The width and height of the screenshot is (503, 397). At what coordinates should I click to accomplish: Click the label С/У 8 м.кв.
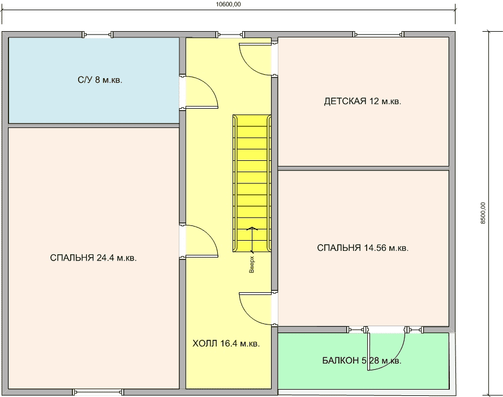[100, 80]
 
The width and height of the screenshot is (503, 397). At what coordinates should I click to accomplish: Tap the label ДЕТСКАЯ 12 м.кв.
[363, 101]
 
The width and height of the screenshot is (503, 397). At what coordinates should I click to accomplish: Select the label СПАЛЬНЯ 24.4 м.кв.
[93, 258]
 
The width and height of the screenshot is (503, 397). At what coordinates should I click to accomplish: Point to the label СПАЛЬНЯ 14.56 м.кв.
[363, 247]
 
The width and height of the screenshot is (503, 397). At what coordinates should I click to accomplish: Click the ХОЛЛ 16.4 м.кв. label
[226, 343]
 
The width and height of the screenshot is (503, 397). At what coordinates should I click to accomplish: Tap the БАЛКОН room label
[362, 360]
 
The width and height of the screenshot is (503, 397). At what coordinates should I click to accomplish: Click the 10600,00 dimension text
[228, 5]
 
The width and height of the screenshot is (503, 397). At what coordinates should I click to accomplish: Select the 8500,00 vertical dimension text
[483, 213]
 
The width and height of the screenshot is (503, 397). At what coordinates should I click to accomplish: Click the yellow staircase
[252, 183]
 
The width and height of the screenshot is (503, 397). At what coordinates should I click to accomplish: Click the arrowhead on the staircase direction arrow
[252, 228]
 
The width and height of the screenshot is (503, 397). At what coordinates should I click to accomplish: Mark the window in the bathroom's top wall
[98, 35]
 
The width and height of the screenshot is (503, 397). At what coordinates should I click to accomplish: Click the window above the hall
[230, 35]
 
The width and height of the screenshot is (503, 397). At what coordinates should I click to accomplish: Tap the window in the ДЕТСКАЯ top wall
[379, 35]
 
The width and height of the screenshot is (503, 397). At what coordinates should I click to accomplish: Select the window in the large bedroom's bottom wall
[98, 392]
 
